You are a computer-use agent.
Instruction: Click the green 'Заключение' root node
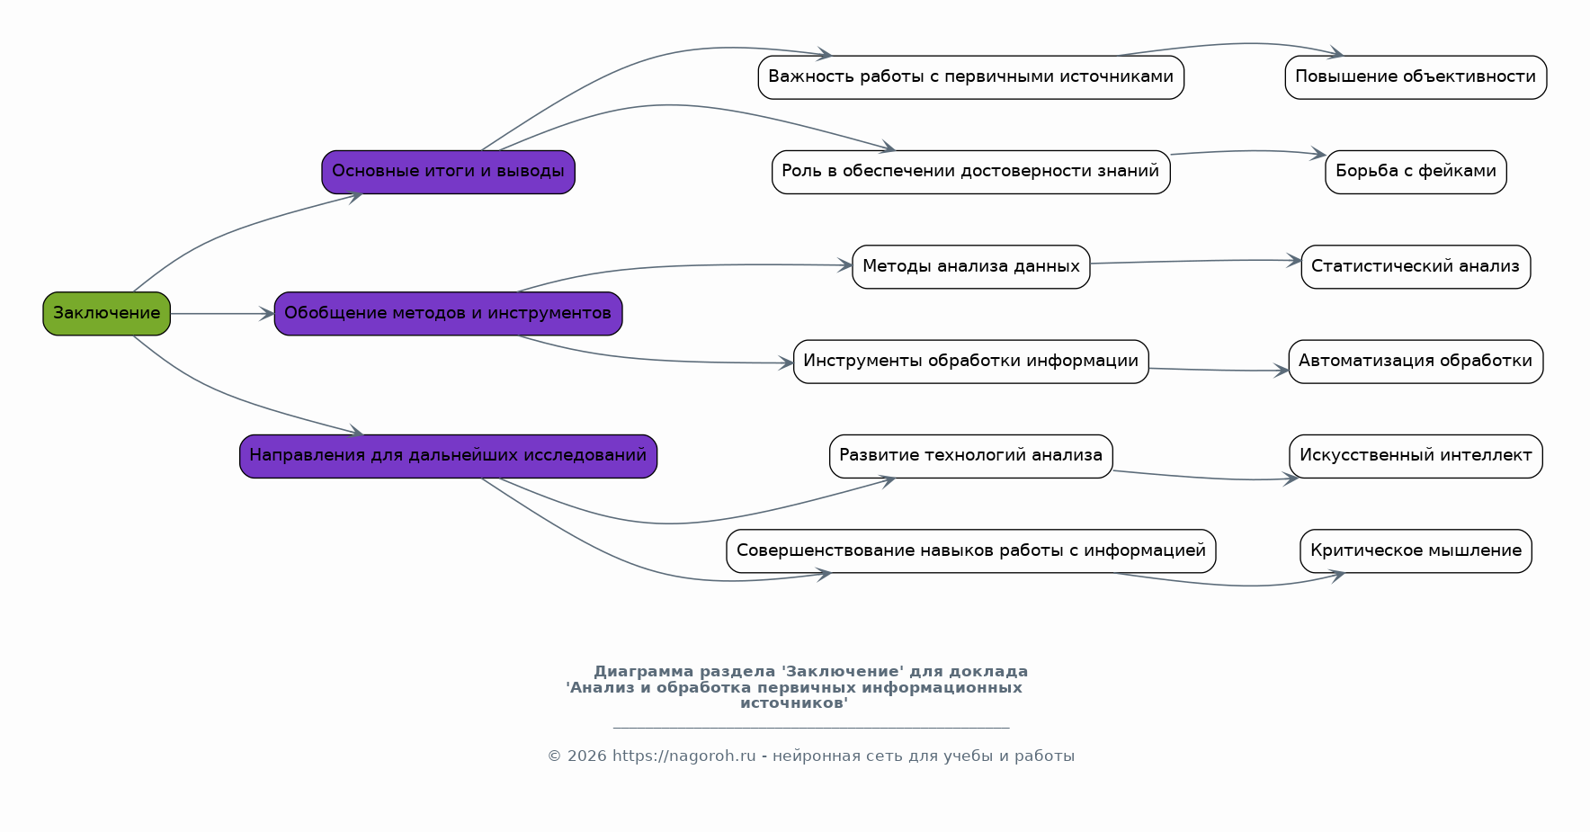tap(106, 313)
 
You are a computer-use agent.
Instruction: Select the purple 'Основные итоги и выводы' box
tap(448, 172)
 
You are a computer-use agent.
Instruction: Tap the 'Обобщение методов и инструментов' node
tap(448, 313)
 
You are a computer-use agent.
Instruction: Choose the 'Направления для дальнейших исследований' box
tap(448, 456)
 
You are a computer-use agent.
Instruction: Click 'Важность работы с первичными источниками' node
tap(970, 77)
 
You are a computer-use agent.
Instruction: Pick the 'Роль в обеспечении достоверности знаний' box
tap(970, 172)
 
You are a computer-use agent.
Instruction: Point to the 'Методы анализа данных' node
tap(970, 266)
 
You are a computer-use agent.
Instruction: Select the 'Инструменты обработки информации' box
tap(970, 362)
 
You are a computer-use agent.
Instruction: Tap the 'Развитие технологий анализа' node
tap(970, 456)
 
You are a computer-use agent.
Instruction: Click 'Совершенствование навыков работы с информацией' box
tap(970, 550)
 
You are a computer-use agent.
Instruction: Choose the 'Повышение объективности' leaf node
tap(1416, 77)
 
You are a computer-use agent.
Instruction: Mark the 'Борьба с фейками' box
tap(1416, 172)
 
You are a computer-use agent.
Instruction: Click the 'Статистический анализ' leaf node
tap(1416, 266)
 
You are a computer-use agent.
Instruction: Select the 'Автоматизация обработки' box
tap(1416, 362)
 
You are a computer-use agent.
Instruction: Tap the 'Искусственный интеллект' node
tap(1416, 456)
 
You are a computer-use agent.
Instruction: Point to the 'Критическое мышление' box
tap(1416, 550)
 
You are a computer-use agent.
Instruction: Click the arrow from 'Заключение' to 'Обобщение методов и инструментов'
tap(221, 314)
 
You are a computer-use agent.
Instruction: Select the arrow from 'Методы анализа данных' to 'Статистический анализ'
tap(1196, 262)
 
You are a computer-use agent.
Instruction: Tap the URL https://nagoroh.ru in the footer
tap(683, 756)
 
